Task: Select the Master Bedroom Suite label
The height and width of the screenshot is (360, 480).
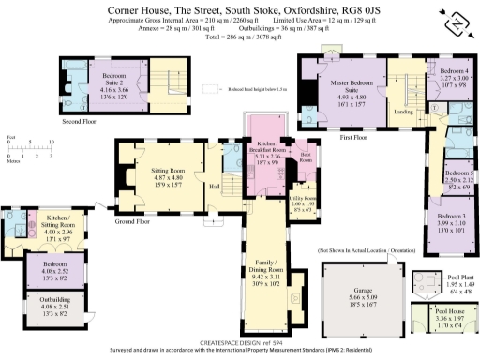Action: tap(339, 89)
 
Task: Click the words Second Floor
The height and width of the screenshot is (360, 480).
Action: tap(78, 120)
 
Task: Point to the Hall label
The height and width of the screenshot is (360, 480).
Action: tap(214, 187)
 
